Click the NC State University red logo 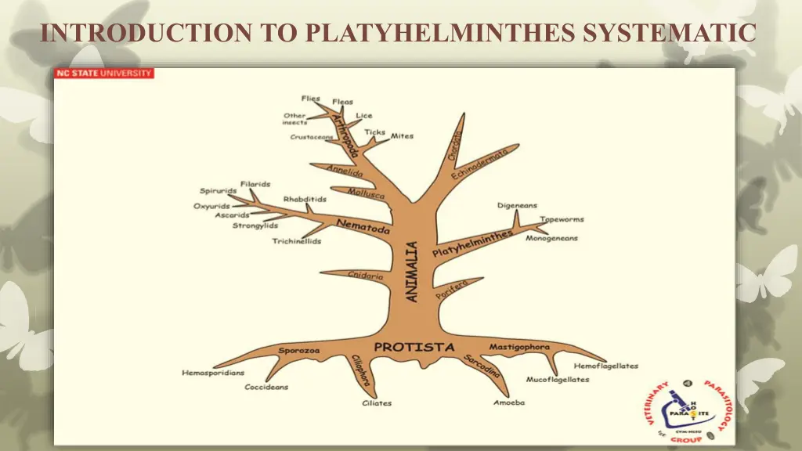(x=103, y=74)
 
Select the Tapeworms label (x=562, y=220)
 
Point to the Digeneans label (x=517, y=206)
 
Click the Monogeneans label (x=551, y=238)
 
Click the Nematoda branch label (x=363, y=226)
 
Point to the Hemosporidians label (x=213, y=373)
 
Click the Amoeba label (x=509, y=402)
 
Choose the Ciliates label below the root (x=377, y=403)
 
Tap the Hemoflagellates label (x=605, y=366)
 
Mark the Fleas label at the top (x=342, y=102)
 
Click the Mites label (x=402, y=135)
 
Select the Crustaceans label (x=312, y=137)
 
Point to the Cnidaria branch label (x=366, y=276)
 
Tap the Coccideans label (x=266, y=387)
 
